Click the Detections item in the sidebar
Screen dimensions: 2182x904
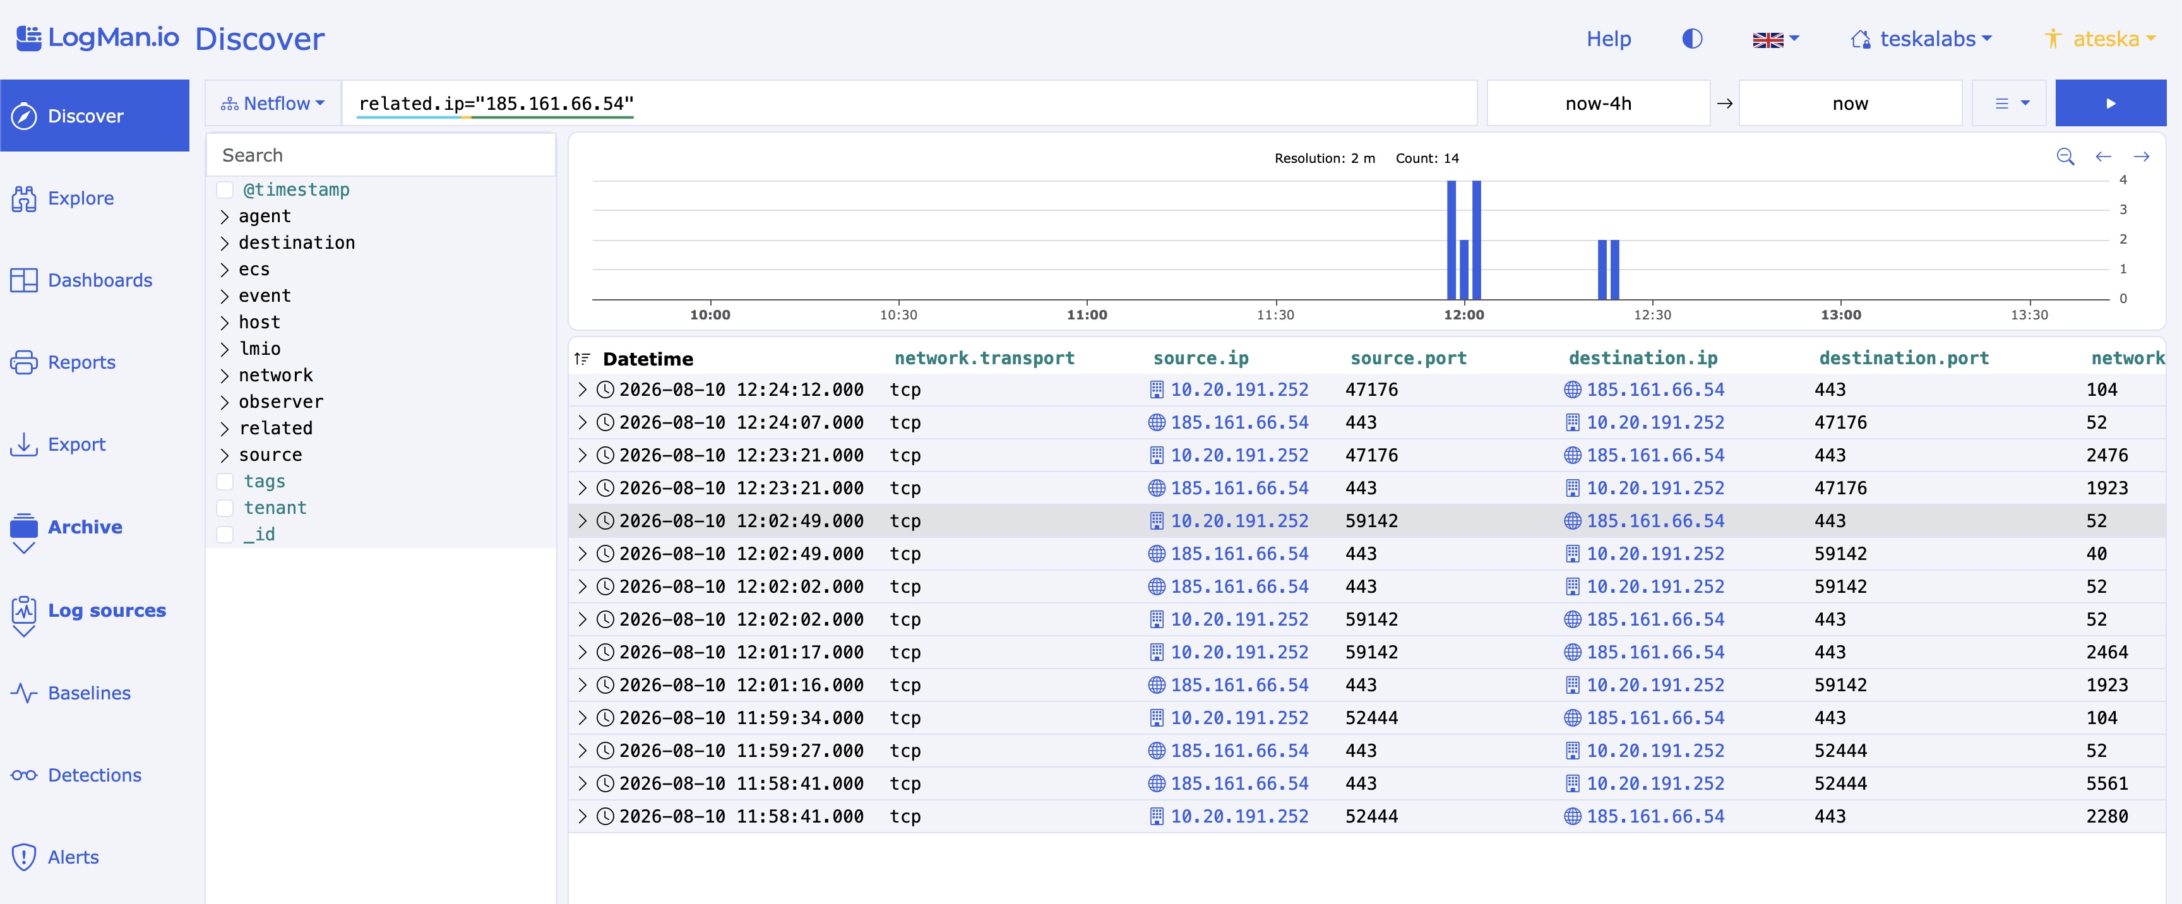tap(76, 775)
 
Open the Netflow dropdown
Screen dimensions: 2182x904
tap(273, 104)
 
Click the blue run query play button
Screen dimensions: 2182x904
tap(2110, 104)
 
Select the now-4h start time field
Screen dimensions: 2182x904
tap(1597, 104)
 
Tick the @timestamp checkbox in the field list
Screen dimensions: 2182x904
tap(225, 190)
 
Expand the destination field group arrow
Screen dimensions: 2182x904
tap(225, 243)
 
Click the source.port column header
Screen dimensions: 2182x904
tap(1408, 359)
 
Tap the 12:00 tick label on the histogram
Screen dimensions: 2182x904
tap(1464, 315)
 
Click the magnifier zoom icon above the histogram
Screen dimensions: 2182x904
tap(2065, 157)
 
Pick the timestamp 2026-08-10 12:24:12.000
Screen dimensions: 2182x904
tap(741, 390)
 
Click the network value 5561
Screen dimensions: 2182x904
tap(2107, 783)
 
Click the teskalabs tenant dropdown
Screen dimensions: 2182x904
tap(1921, 39)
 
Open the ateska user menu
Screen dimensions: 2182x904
tap(2100, 39)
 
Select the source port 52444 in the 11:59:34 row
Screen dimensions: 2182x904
tap(1371, 718)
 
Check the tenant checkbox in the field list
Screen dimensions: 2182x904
tap(225, 508)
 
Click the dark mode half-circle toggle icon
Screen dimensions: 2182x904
tap(1691, 39)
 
